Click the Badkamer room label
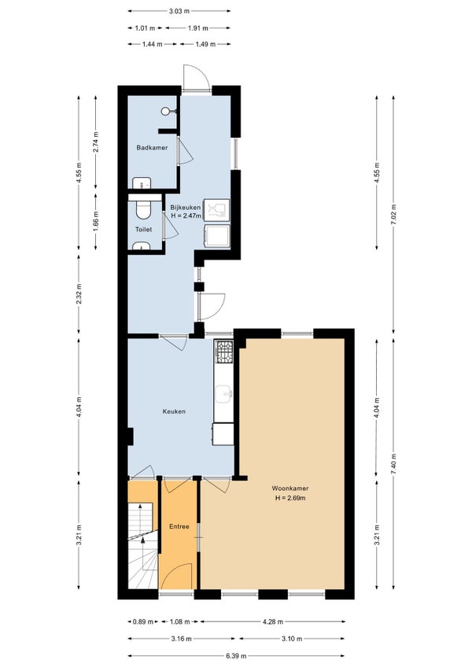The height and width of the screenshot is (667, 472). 152,148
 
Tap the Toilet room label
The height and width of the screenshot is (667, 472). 143,230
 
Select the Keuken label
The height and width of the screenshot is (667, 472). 174,411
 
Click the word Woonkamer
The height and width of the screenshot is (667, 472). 290,488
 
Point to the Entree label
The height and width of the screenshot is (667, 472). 179,526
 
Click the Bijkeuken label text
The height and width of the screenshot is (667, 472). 186,208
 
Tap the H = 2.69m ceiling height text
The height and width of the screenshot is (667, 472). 290,498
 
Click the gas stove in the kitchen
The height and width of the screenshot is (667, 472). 224,352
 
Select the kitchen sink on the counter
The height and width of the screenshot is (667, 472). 224,394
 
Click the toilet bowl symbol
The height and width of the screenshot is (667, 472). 142,209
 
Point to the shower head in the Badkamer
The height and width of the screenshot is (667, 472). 165,111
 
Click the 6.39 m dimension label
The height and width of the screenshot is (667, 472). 236,656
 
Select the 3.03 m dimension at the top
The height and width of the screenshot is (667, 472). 179,11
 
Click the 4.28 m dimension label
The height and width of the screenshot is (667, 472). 272,621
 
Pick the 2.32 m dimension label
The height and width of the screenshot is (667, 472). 79,293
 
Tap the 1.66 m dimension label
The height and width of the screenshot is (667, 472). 95,222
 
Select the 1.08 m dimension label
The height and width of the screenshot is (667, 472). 179,621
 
